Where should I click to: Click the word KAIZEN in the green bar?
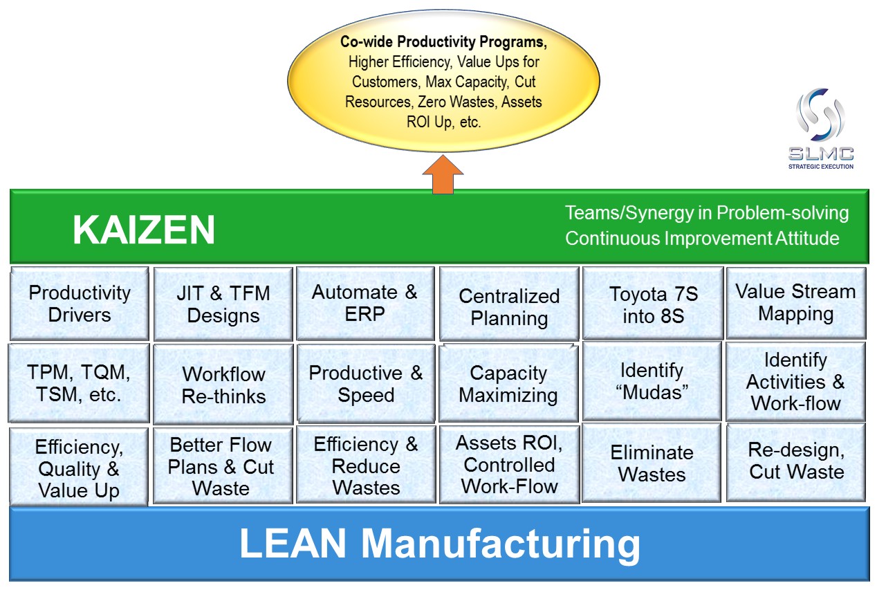coord(144,230)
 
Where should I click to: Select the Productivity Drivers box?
coord(80,304)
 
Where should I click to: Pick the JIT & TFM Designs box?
coord(223,304)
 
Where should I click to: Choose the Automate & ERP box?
coord(365,303)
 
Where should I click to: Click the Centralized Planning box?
coord(509,307)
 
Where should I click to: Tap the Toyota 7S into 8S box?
coord(653,304)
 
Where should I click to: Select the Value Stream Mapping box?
coord(795,303)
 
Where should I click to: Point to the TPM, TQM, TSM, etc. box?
coord(80,384)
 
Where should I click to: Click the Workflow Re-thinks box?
coord(223,385)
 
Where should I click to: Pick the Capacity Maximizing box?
coord(509,384)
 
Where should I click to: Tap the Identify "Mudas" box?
coord(653,380)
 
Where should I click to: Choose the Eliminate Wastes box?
coord(652,463)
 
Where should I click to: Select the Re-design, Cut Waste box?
coord(796,461)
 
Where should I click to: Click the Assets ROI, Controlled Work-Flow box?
coord(509,464)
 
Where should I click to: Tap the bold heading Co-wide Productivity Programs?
coord(443,42)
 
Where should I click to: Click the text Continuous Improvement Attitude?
coord(702,239)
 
